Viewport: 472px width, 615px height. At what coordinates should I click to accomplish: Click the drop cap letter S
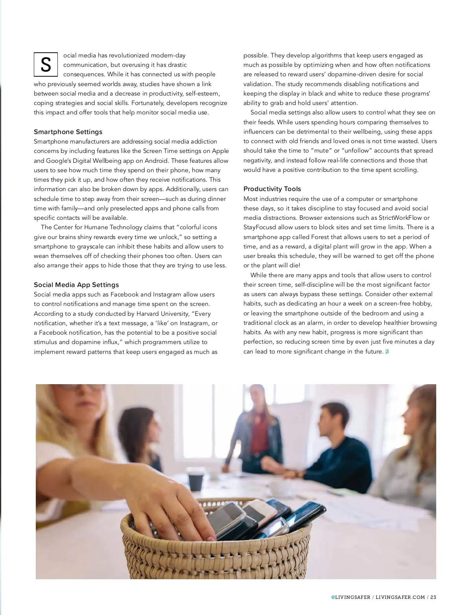46,64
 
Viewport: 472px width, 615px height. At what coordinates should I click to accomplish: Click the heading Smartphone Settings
68,132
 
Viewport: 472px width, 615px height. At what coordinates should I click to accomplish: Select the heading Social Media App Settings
76,285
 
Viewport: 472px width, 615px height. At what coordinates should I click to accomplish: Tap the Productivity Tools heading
272,189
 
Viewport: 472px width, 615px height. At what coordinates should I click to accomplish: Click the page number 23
433,597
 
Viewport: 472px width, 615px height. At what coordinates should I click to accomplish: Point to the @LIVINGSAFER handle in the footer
350,597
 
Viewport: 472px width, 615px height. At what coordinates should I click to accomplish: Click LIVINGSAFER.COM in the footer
400,597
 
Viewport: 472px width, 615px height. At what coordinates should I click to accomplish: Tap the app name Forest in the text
320,237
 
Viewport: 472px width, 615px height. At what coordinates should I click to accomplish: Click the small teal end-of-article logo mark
387,352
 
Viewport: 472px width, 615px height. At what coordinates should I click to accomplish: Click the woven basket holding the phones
220,551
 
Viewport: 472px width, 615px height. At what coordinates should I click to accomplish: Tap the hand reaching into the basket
173,507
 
